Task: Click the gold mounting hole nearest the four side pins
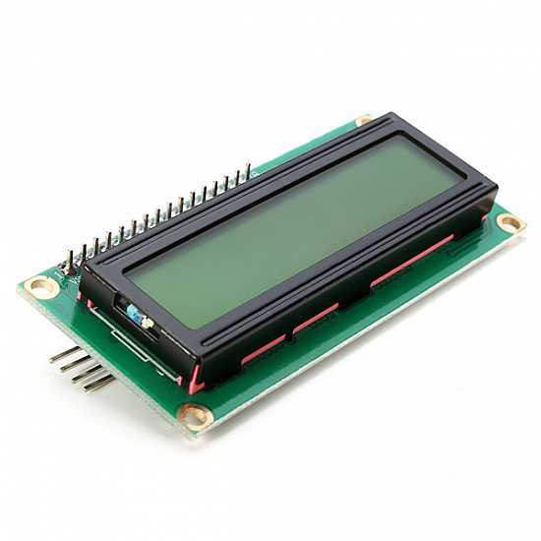pos(41,286)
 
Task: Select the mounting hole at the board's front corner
pos(196,416)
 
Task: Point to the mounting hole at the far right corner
pos(510,222)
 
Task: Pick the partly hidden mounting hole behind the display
pos(364,120)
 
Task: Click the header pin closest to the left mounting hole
pos(70,258)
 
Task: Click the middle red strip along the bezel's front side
pos(316,318)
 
